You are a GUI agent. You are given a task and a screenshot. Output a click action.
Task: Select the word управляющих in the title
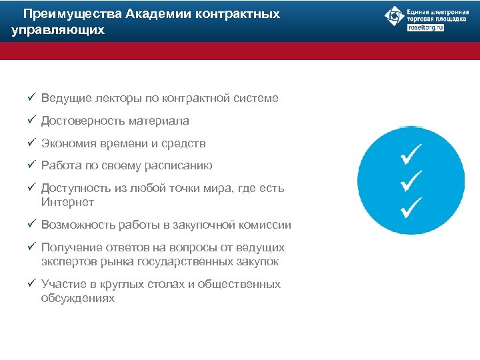[58, 30]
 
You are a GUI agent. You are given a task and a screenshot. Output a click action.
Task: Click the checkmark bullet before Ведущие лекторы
[31, 98]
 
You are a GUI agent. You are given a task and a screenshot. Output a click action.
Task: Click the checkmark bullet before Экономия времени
[31, 143]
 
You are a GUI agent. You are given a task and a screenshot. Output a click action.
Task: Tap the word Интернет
[67, 202]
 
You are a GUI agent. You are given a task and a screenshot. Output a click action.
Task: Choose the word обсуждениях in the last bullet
[77, 299]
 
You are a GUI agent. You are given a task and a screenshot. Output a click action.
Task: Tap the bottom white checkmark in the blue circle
[411, 207]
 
